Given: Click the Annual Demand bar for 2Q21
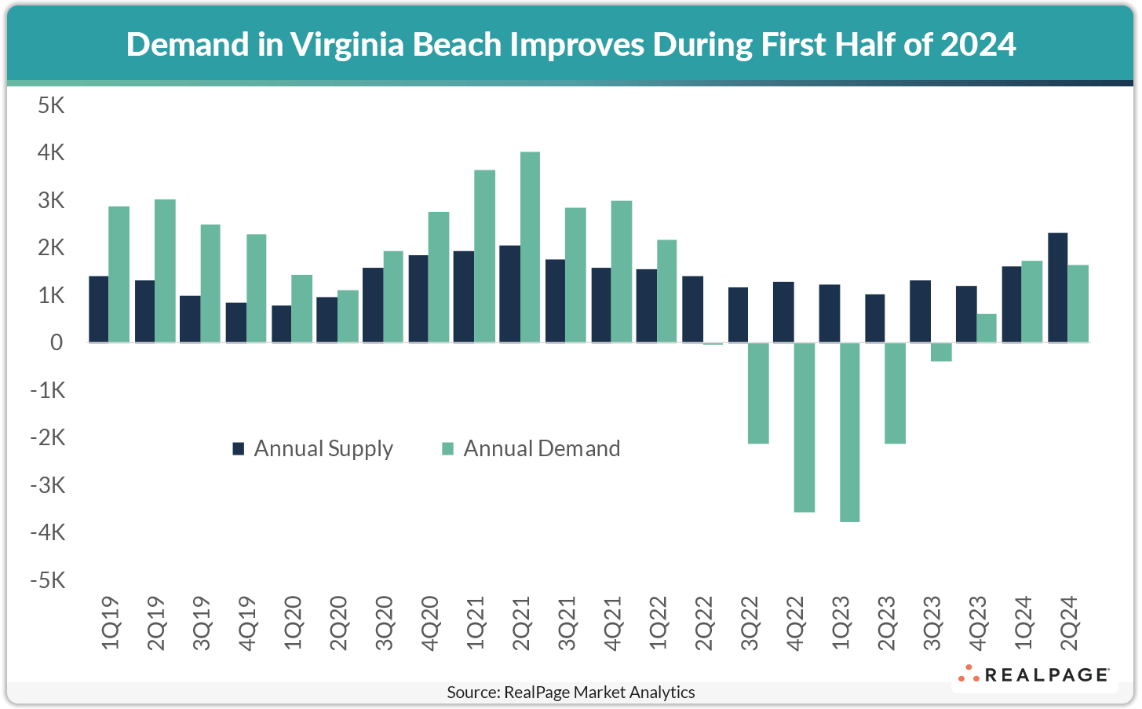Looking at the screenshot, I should pos(531,247).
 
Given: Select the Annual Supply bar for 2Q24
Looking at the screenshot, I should pos(1057,287).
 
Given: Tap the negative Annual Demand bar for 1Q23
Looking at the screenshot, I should pos(849,432).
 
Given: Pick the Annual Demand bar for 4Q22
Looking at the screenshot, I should pos(804,427).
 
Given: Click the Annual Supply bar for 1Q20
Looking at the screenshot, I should pos(281,323).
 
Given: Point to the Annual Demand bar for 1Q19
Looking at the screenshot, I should pos(119,274).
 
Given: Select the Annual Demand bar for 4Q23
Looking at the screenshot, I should pos(986,328).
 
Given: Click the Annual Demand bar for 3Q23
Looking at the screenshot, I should pos(940,352).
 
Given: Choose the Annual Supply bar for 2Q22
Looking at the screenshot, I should pos(692,309).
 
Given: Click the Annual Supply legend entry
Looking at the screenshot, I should pos(313,449).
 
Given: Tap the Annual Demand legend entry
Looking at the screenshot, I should pos(531,449).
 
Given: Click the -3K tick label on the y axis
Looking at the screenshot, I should pos(47,485).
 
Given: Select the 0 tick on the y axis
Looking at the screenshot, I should pos(57,342).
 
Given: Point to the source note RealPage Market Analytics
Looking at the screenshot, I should pos(571,693).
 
